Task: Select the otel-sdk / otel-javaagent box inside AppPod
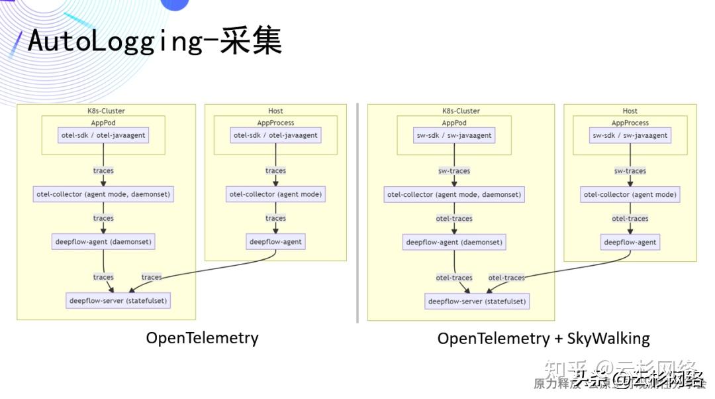(x=103, y=135)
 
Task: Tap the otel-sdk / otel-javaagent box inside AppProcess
(x=275, y=135)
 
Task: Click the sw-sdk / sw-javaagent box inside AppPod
(x=454, y=135)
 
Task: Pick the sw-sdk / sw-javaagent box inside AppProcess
(x=630, y=135)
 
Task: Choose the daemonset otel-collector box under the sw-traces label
(x=454, y=195)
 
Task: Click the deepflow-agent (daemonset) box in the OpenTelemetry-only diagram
(x=103, y=241)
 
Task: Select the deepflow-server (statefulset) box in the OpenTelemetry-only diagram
(x=119, y=300)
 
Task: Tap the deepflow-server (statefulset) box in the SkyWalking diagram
(x=477, y=301)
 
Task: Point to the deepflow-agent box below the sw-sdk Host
(x=630, y=242)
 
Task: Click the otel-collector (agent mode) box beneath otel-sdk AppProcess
(x=275, y=194)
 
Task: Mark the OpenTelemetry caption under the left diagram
(x=202, y=338)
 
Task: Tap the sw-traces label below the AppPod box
(x=454, y=171)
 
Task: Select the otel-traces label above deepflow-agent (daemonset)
(x=454, y=219)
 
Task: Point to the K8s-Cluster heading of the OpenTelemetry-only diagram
(x=106, y=111)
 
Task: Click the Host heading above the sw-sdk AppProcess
(x=630, y=111)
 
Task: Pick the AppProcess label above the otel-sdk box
(x=275, y=123)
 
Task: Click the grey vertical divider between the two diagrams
(x=358, y=212)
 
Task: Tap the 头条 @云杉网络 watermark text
(x=638, y=379)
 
